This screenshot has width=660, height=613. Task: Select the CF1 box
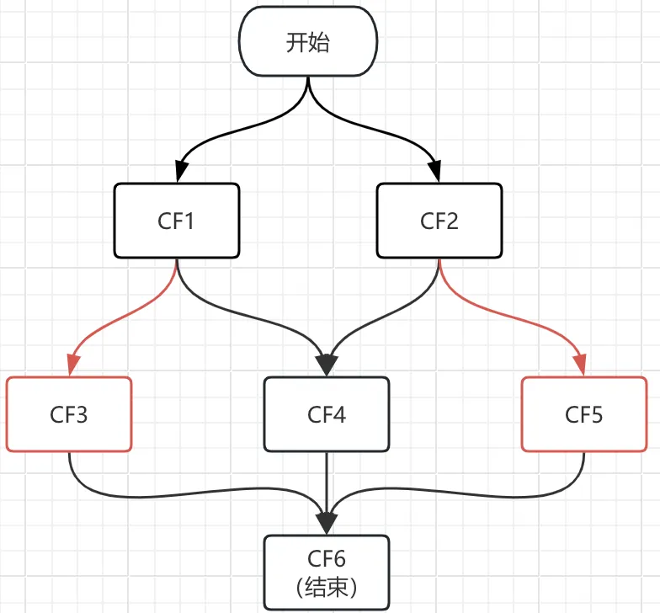[177, 221]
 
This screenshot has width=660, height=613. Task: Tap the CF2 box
[439, 221]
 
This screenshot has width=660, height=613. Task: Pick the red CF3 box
[69, 414]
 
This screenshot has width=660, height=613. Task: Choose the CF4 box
[327, 414]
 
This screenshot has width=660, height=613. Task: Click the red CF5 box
[584, 414]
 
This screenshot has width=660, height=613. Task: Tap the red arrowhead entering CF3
[70, 365]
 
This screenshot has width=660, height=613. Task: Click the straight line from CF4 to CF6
[327, 480]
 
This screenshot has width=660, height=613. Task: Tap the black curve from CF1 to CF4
[244, 313]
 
